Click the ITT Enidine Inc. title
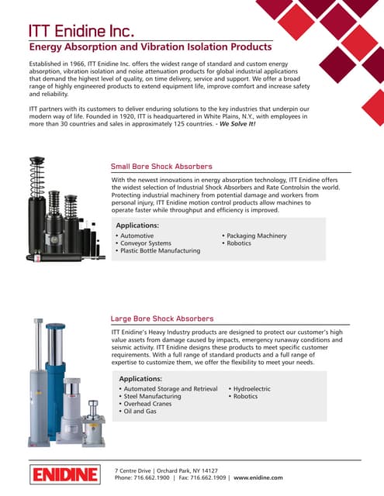tap(82, 31)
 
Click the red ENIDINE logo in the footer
tap(64, 474)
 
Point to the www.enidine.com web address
tap(258, 478)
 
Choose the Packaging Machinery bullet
tap(256, 236)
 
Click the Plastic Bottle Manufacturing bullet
tap(160, 250)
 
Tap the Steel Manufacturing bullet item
tap(152, 396)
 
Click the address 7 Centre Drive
tap(134, 470)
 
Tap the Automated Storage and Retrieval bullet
tap(170, 388)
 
